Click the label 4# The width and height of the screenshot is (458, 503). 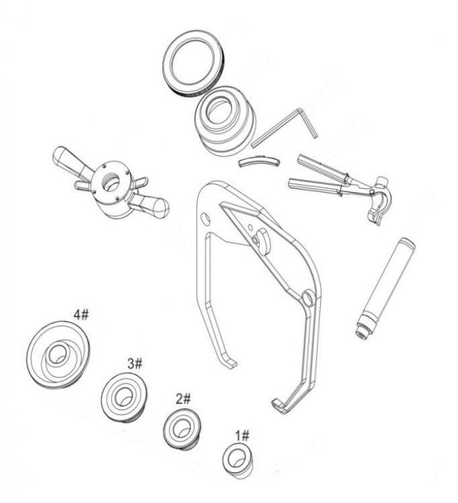(x=81, y=315)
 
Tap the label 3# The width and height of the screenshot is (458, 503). (x=135, y=364)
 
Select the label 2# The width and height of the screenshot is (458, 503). (x=183, y=399)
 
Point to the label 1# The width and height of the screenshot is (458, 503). (x=242, y=436)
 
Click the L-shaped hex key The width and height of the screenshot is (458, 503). (x=285, y=128)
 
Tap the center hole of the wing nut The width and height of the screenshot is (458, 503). (x=111, y=182)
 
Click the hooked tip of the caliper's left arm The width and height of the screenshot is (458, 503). (x=230, y=364)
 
